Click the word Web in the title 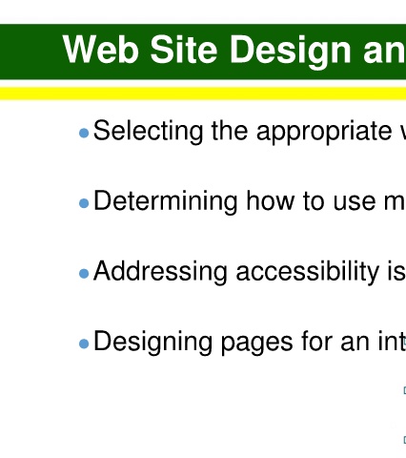[101, 50]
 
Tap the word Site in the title [184, 50]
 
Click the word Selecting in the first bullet [149, 132]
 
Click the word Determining [166, 202]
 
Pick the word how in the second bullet [271, 200]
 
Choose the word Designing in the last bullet [152, 343]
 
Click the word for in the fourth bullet [316, 342]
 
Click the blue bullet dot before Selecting [84, 133]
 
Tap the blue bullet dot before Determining [84, 203]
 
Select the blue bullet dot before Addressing [84, 274]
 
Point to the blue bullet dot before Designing [84, 343]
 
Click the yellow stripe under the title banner [203, 94]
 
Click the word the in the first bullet [230, 131]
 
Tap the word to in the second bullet [314, 201]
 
